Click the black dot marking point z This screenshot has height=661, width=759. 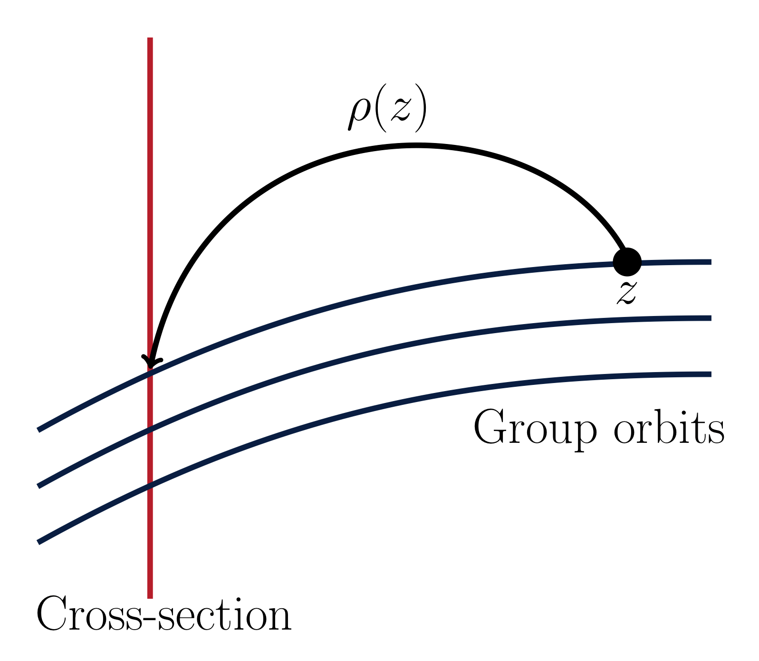(x=627, y=261)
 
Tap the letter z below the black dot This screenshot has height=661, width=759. (x=626, y=292)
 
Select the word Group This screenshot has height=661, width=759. (x=535, y=427)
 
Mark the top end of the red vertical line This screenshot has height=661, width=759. (x=150, y=38)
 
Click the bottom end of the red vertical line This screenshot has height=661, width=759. (x=150, y=597)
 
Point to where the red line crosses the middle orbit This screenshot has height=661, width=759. (x=150, y=430)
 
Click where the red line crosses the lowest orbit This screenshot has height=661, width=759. (x=150, y=486)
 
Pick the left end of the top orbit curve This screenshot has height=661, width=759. (x=39, y=430)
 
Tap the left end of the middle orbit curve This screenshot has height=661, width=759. (x=39, y=486)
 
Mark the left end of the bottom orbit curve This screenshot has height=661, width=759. (x=39, y=542)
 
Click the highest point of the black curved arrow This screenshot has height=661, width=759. (x=416, y=144)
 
